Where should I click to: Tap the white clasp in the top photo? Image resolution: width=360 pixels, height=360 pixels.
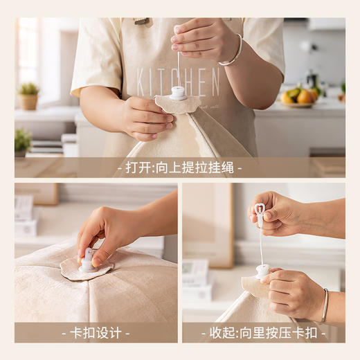point(179,93)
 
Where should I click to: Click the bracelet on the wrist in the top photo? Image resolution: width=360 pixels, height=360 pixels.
point(232,51)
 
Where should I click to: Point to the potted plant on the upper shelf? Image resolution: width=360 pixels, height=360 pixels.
point(29,96)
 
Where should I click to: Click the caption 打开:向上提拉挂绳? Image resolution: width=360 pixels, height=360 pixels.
point(179,168)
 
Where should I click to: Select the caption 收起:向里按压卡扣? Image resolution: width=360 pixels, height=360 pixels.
point(263,332)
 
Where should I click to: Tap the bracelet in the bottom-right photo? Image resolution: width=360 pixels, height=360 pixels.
point(324,306)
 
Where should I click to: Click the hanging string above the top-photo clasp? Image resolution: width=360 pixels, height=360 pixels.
point(178,69)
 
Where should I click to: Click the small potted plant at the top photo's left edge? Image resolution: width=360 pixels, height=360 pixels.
point(22,141)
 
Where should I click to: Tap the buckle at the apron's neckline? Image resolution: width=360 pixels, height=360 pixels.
point(142,21)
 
